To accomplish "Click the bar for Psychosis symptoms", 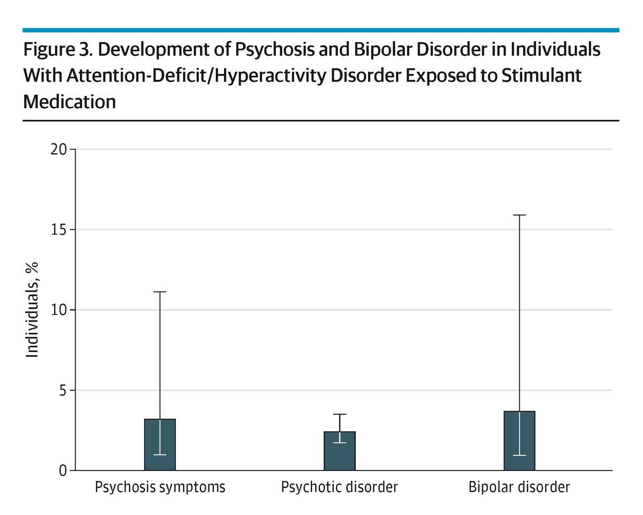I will pos(160,445).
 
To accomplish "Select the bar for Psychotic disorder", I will pos(339,451).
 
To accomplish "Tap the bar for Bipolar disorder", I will pos(519,441).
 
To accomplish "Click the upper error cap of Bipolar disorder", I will pos(519,215).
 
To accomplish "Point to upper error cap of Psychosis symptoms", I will pos(160,292).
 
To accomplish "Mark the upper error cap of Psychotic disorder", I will pos(339,414).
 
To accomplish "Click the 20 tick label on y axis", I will pos(59,150).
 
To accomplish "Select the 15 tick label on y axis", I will pos(59,230).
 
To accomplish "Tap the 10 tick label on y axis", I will pos(59,310).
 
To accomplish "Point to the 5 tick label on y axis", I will pos(63,391).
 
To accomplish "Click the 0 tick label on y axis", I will pos(63,471).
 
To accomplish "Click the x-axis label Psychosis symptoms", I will pos(160,488).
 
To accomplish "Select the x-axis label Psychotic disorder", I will pos(339,488).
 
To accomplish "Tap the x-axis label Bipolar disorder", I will pos(519,488).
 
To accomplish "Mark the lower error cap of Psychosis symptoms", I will pos(160,455).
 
